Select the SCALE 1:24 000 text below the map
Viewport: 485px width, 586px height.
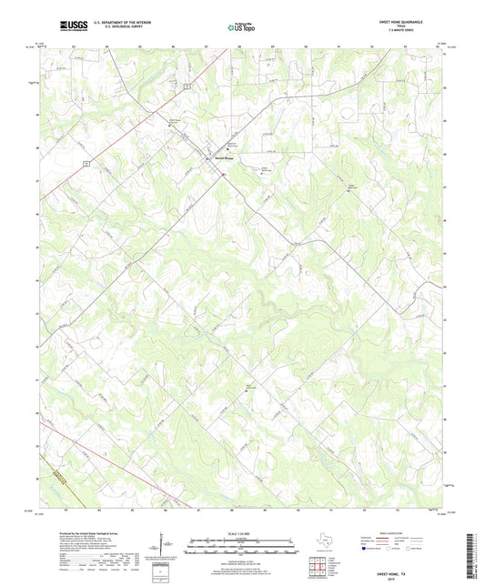coord(241,534)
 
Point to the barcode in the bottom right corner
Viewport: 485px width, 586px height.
coord(470,556)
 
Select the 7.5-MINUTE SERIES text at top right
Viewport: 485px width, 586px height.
coord(411,33)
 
